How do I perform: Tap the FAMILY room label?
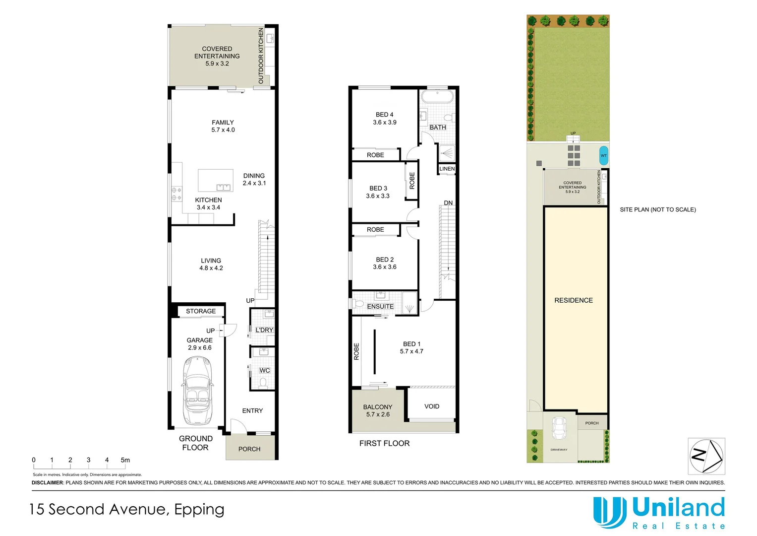[223, 123]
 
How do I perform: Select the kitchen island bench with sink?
[216, 180]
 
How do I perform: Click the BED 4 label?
[384, 115]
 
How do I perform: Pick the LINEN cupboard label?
[447, 169]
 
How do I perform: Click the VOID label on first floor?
[431, 406]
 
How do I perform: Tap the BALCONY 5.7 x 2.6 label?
[378, 410]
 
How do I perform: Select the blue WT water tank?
[603, 155]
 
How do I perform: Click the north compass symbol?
[706, 456]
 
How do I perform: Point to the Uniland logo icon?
[609, 512]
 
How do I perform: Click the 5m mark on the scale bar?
[125, 460]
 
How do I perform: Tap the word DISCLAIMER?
[48, 482]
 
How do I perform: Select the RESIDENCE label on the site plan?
[573, 300]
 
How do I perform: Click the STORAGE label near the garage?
[201, 311]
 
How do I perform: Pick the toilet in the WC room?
[263, 383]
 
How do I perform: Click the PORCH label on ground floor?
[249, 449]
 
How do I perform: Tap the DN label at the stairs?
[448, 203]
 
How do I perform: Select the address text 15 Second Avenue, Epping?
[127, 509]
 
